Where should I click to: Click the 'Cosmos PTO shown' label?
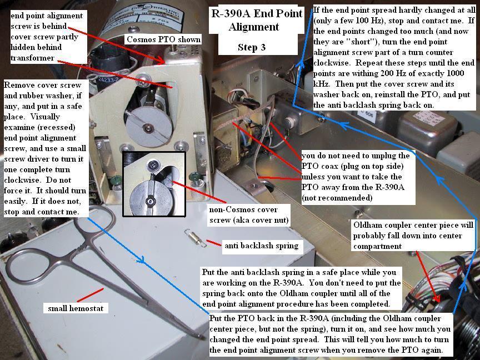163,39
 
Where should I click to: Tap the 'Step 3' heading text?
251,47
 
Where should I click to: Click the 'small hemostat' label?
76,308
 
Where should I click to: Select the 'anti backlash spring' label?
262,246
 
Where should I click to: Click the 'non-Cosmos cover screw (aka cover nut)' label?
248,215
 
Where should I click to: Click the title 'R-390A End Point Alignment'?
257,20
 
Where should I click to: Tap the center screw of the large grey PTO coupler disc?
149,128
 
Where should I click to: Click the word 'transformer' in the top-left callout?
32,58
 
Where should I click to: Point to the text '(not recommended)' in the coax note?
337,198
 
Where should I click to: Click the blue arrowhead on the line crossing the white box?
140,260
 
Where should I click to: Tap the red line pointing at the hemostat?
90,295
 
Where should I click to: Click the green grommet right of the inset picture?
193,177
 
